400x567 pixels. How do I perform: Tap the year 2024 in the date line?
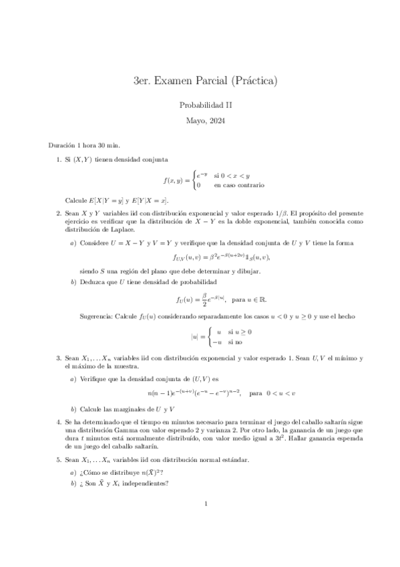coord(217,121)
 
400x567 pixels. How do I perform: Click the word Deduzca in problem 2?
coord(93,282)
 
